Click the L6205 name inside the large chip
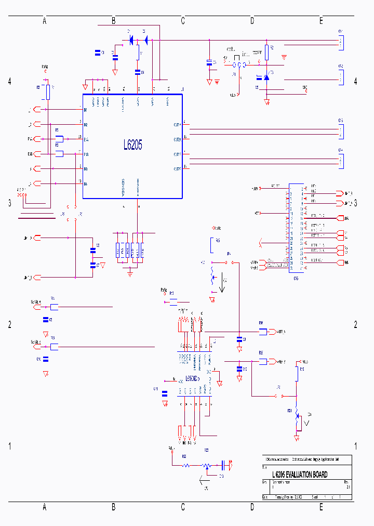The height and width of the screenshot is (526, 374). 133,145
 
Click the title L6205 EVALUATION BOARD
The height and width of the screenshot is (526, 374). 300,475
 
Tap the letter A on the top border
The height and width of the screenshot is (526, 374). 45,21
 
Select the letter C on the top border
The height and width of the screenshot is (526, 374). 183,21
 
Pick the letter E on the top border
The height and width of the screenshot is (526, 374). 321,21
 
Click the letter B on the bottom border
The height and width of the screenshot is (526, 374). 114,507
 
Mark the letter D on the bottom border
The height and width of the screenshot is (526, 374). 252,507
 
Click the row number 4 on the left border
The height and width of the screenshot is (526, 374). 9,82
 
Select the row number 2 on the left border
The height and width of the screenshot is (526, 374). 9,325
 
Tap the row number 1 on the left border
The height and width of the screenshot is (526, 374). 9,446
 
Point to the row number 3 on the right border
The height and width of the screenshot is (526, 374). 356,203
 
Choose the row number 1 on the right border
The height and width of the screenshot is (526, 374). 356,446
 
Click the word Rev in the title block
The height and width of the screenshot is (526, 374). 346,482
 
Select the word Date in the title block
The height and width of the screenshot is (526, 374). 265,497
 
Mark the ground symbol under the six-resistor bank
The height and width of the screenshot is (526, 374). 130,272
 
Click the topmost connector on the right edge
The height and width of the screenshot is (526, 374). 341,41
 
